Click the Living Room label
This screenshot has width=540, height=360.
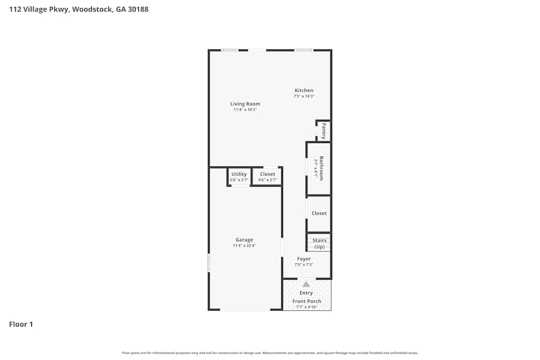pos(245,104)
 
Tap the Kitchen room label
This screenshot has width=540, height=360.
pos(303,90)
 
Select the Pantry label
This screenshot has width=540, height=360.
pos(323,131)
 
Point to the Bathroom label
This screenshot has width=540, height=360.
pos(321,168)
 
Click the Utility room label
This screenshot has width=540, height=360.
pos(239,174)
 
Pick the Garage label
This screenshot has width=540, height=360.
pos(244,240)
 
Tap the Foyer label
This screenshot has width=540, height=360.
pos(303,259)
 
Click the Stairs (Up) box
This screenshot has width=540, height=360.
pos(319,243)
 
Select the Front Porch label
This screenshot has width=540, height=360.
pos(307,301)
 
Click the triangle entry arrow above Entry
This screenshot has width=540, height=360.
pos(306,284)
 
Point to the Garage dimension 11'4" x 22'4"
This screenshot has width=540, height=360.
pos(244,246)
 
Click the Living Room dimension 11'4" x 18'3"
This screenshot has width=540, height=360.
pos(245,110)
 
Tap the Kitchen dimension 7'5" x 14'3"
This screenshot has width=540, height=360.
pos(303,96)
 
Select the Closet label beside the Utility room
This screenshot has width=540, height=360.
pos(267,174)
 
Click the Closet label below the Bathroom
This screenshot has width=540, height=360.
pos(319,213)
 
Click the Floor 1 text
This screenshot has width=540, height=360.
pos(21,324)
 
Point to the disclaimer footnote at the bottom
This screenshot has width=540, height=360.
pos(270,353)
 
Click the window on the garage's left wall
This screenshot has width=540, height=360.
pos(209,263)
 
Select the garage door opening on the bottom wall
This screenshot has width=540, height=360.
pos(245,309)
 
